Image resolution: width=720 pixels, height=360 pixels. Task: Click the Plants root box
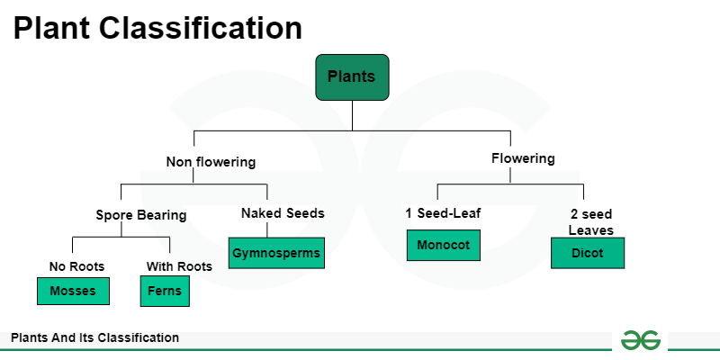point(352,76)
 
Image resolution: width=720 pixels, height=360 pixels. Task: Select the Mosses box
point(73,292)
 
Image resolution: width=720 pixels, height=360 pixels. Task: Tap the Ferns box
point(165,292)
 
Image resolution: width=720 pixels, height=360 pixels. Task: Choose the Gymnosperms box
point(275,253)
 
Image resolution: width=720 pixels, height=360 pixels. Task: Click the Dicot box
point(588,253)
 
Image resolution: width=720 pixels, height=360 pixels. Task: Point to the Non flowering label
point(211,163)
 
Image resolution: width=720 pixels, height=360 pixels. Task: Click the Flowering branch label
point(523,158)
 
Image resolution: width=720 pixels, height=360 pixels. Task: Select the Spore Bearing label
point(141,215)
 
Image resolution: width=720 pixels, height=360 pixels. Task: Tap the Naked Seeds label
point(283,213)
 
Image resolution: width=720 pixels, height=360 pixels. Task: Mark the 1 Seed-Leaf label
point(443,213)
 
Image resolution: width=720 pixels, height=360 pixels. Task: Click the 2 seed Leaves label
point(590,222)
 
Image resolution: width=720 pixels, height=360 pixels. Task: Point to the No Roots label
point(76,266)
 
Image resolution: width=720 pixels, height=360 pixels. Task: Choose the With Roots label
point(179,266)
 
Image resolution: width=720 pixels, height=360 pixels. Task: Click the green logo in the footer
point(640,339)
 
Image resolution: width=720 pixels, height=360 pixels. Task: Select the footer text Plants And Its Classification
point(94,338)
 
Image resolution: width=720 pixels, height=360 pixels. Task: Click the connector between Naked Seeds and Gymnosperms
point(267,229)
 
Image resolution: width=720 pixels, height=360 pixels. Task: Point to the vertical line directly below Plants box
point(352,115)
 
